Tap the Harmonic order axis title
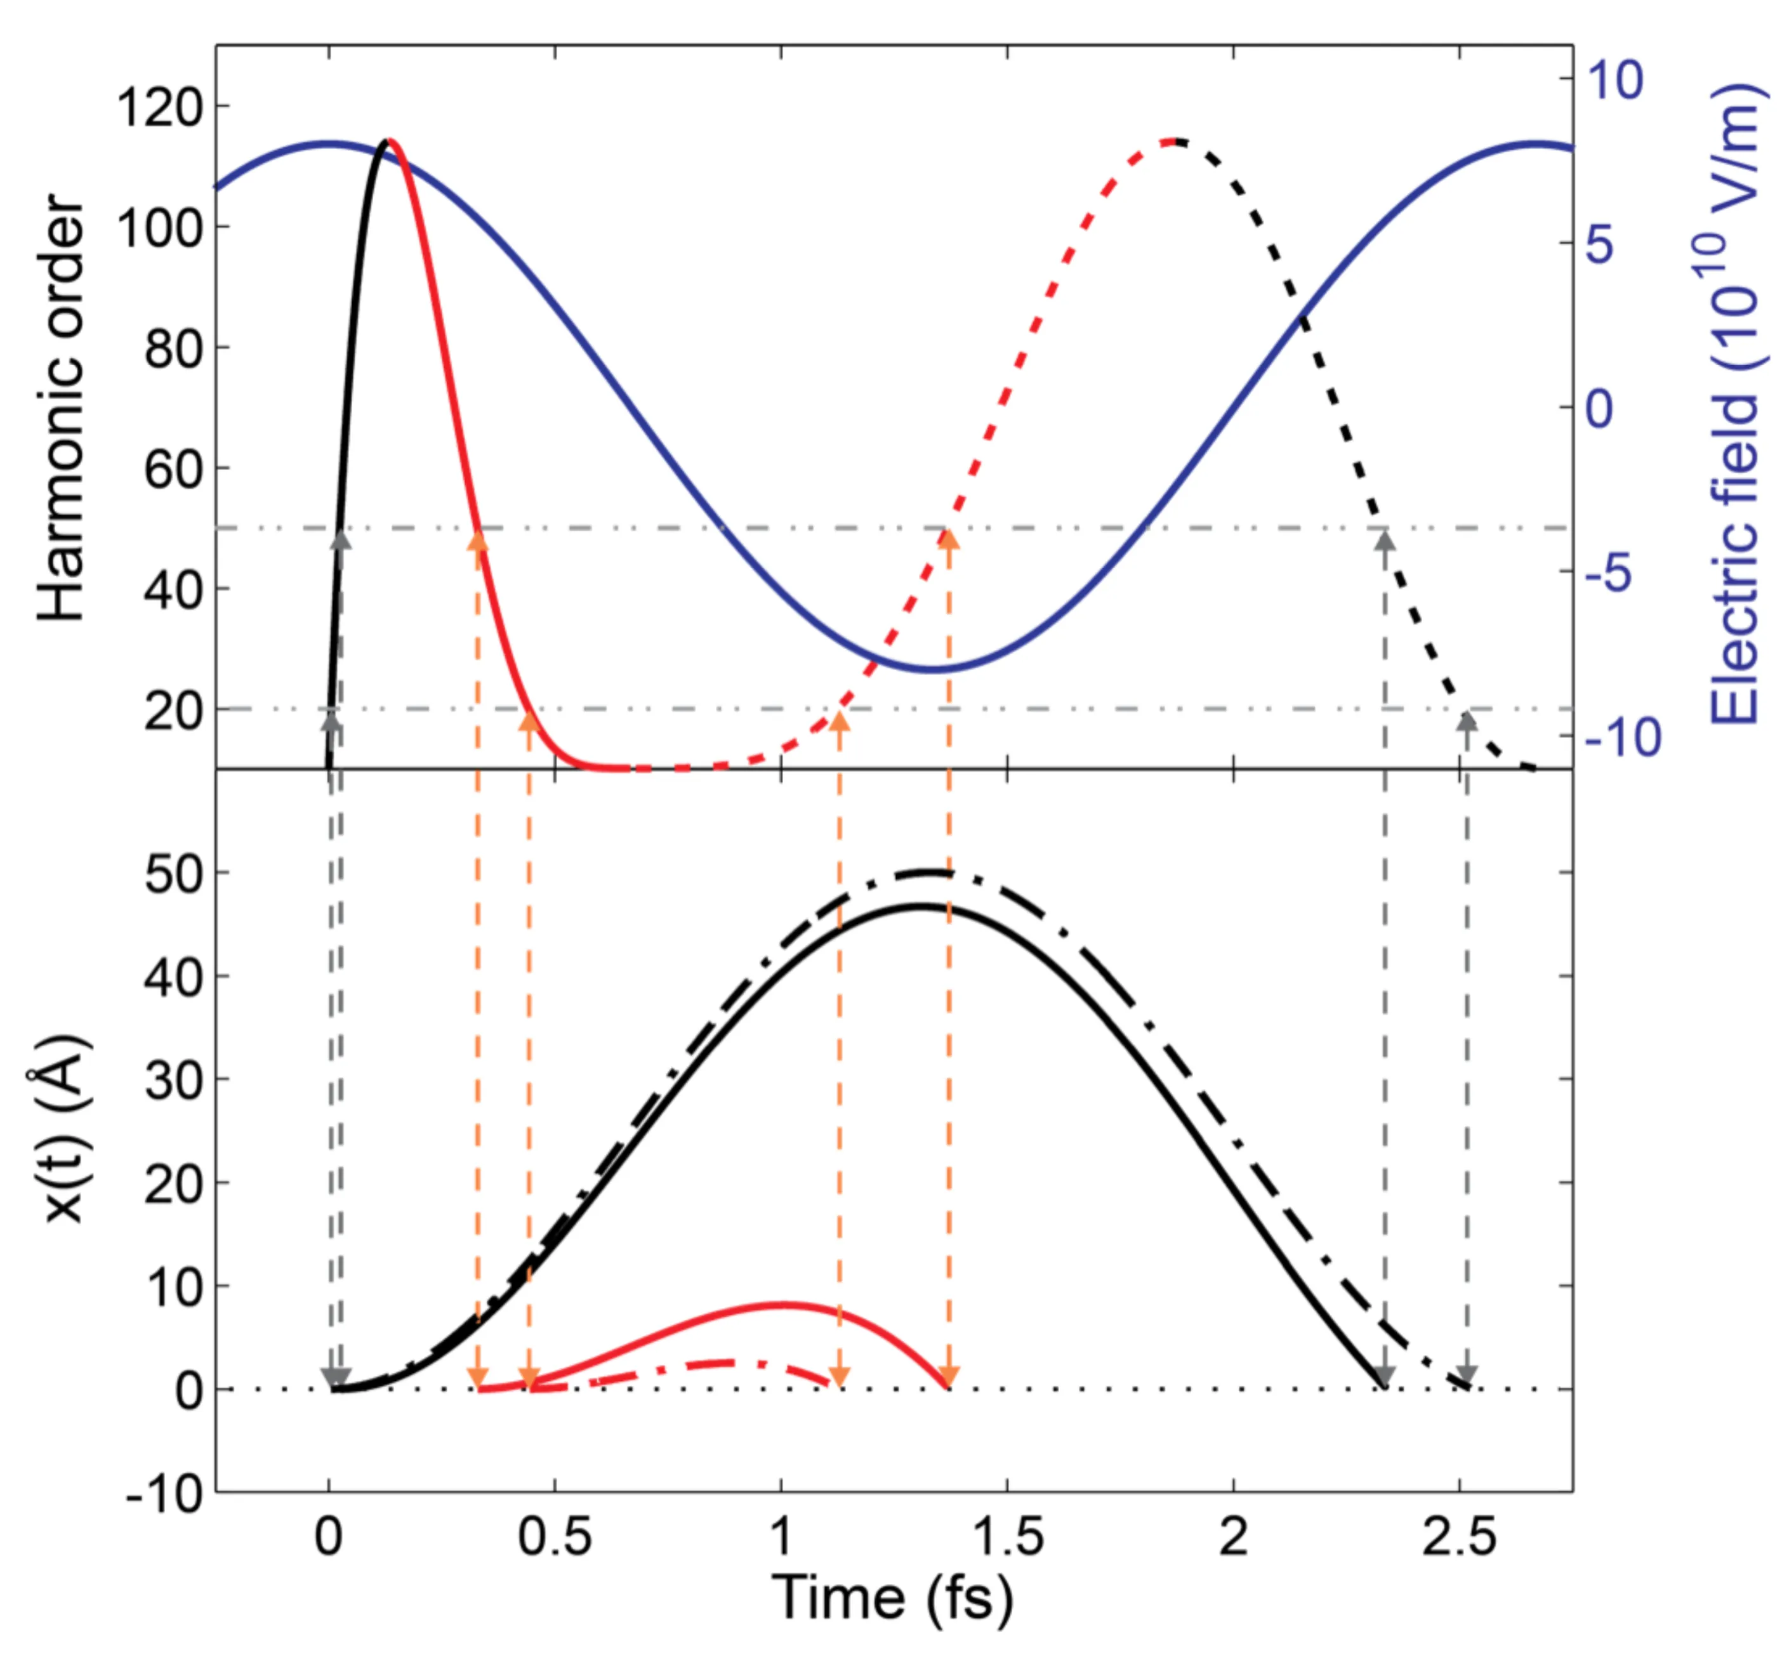tap(61, 407)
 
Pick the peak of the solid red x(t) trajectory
tap(779, 1303)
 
